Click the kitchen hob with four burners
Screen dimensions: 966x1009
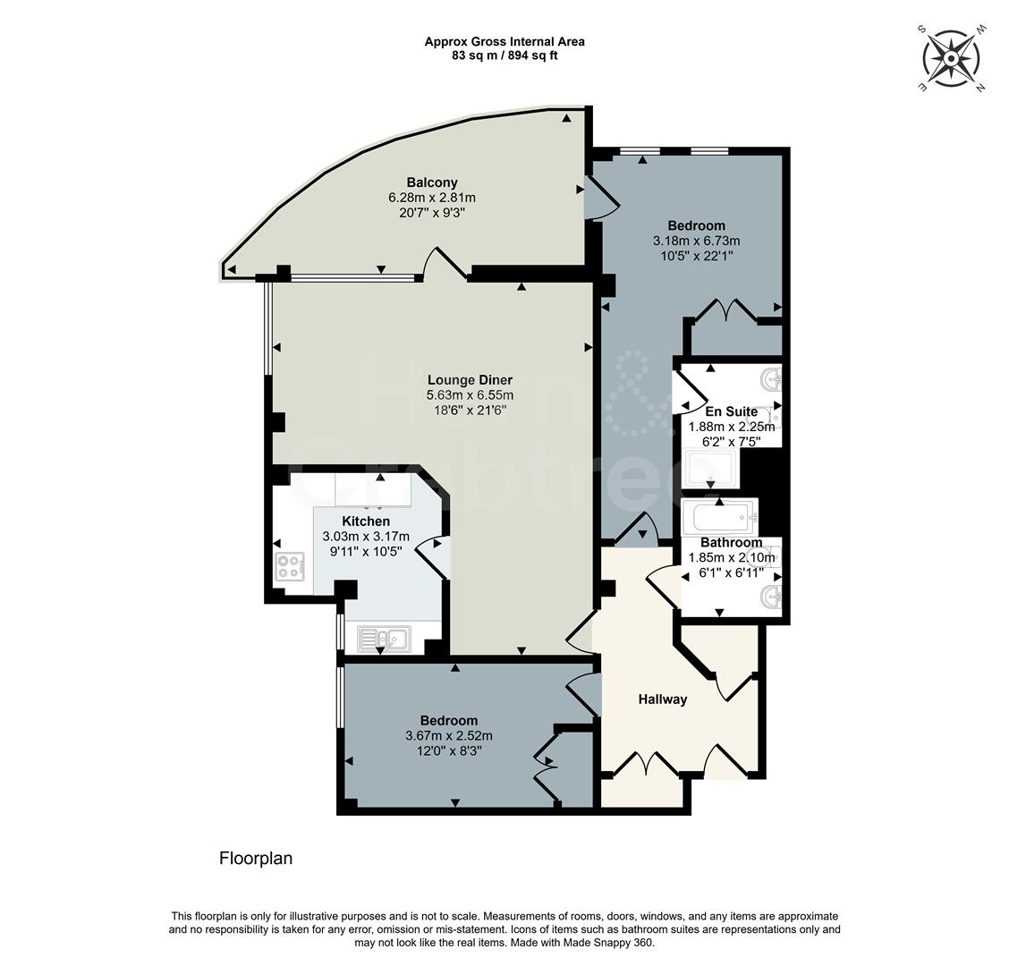(x=289, y=566)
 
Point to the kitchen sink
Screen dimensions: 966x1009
(x=383, y=638)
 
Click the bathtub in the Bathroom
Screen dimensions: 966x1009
(x=719, y=517)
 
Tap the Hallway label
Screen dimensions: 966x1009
(x=662, y=699)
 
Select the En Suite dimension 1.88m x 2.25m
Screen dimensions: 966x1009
(x=731, y=427)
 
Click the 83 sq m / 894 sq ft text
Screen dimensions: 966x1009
(x=504, y=55)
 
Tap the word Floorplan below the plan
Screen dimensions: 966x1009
(x=256, y=859)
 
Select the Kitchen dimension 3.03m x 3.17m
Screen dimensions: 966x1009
(x=365, y=537)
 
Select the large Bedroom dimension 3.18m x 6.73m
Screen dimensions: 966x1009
(x=697, y=241)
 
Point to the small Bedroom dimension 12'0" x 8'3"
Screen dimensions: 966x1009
(x=449, y=752)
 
